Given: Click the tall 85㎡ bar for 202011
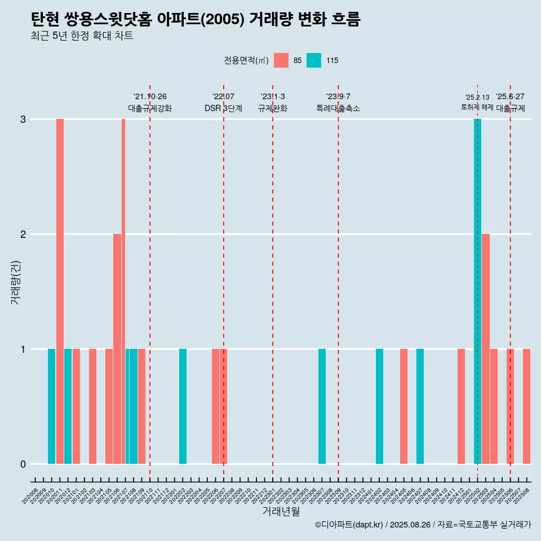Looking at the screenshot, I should pyautogui.click(x=60, y=291).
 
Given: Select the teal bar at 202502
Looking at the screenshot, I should pyautogui.click(x=477, y=291).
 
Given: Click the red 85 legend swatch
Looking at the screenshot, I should pyautogui.click(x=281, y=60).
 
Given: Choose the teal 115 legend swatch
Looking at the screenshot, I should pyautogui.click(x=314, y=60).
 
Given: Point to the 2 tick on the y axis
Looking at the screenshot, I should pyautogui.click(x=23, y=234).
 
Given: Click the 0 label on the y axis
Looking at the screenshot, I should pyautogui.click(x=23, y=464).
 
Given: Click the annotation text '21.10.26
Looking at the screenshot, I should pyautogui.click(x=150, y=97).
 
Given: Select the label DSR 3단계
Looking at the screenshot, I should pyautogui.click(x=223, y=109).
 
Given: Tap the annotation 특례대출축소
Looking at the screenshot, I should pyautogui.click(x=338, y=109).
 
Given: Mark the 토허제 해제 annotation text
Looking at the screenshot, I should pyautogui.click(x=477, y=107).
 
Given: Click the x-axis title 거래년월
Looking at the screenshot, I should pyautogui.click(x=281, y=511).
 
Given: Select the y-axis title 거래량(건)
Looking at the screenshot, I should pyautogui.click(x=15, y=282).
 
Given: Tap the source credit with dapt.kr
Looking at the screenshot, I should pyautogui.click(x=423, y=525).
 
